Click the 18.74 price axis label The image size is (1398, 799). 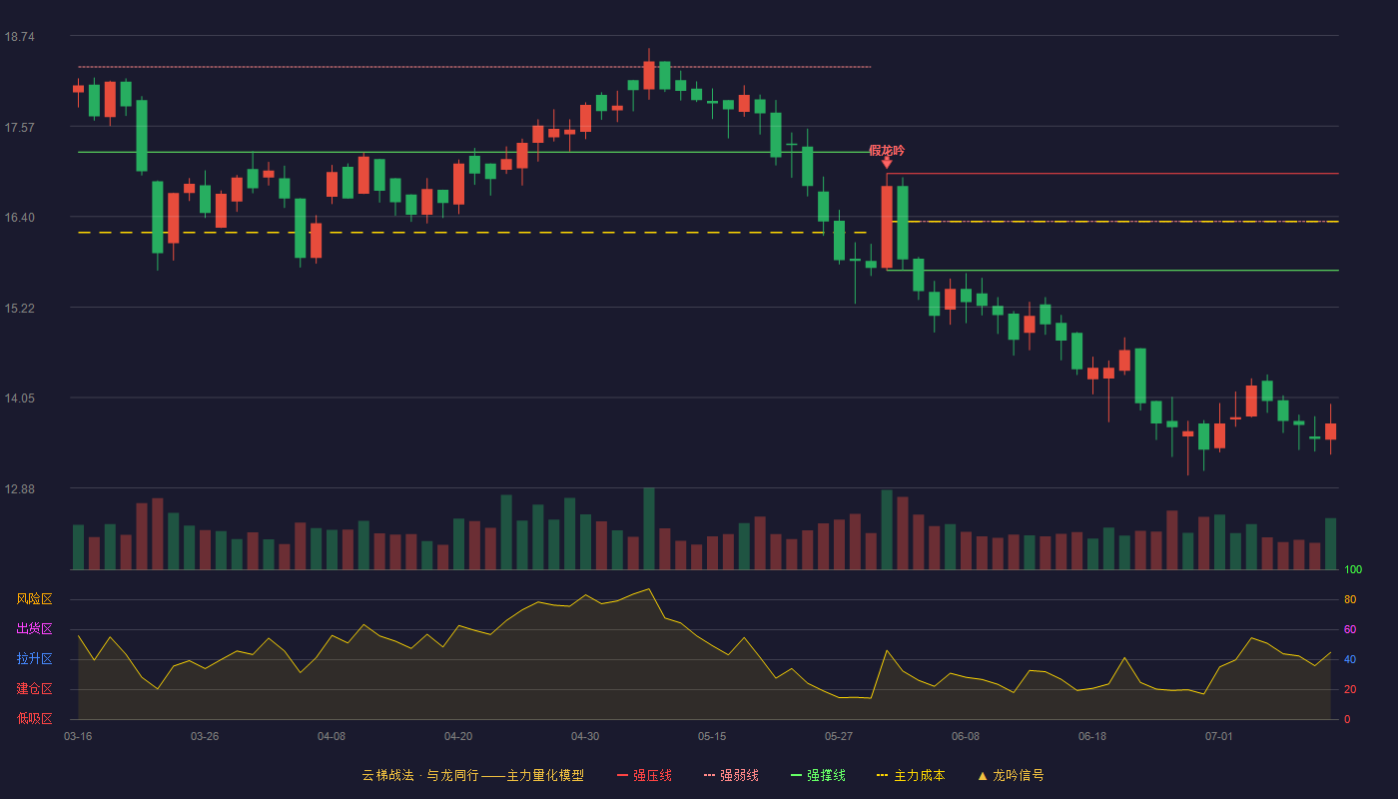coord(19,37)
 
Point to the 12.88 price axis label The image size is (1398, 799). coord(19,488)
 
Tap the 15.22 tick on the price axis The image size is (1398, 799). coord(19,309)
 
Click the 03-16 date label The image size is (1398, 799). coord(78,737)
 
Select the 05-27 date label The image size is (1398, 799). coord(839,737)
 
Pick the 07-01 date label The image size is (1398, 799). coord(1219,737)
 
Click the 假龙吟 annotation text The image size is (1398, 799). coord(887,151)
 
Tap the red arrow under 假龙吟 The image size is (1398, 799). coord(887,163)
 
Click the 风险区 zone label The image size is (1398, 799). coord(34,599)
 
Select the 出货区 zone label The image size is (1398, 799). coord(34,628)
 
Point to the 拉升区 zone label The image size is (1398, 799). coord(34,658)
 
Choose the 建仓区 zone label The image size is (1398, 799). coord(34,688)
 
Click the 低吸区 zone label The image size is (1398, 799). coord(34,718)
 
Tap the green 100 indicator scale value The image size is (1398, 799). coord(1353,569)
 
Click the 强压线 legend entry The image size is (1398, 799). coord(644,775)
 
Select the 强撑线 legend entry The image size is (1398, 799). coord(818,775)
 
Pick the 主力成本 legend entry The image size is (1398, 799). coord(911,775)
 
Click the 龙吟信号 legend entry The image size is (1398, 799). coord(1011,775)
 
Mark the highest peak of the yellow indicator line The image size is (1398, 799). coord(649,588)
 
